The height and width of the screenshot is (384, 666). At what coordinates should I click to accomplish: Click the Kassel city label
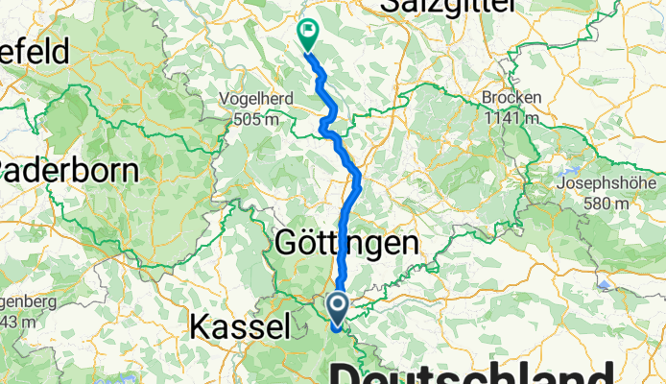coord(239,326)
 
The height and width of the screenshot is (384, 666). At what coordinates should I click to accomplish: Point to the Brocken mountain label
coord(513,98)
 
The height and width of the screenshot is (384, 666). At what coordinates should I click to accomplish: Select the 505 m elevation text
coord(260,119)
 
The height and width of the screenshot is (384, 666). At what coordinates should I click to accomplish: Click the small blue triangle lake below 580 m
coord(604,284)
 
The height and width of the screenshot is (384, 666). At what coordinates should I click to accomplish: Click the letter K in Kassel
coord(199,326)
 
